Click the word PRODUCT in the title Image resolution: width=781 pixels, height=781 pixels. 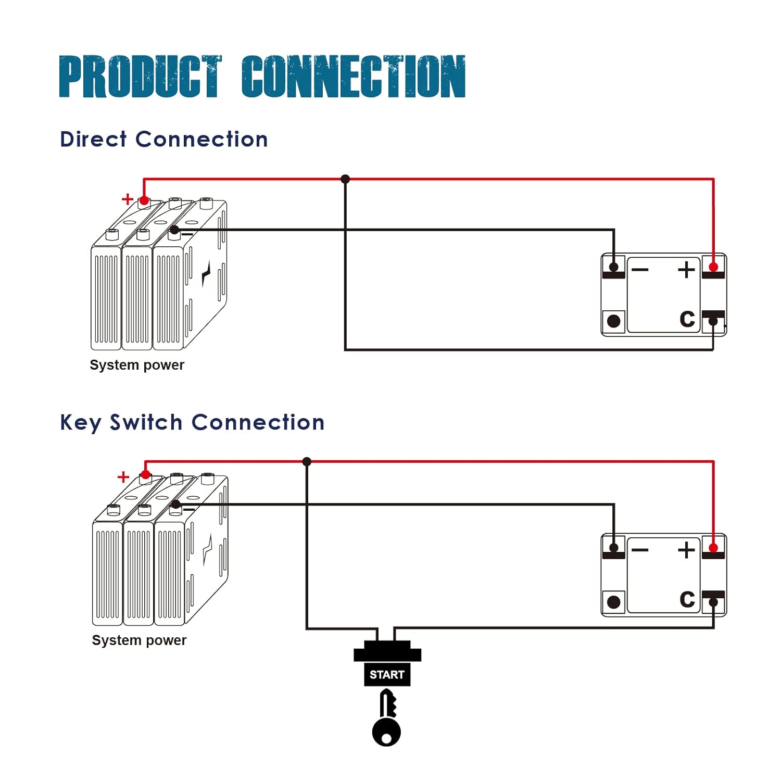[140, 77]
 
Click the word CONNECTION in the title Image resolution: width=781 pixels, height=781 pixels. [354, 77]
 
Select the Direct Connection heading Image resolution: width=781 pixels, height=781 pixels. [164, 140]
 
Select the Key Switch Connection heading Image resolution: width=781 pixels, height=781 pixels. [193, 422]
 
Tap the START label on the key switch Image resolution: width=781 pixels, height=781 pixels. [387, 675]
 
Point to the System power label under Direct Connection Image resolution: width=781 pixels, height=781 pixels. [137, 365]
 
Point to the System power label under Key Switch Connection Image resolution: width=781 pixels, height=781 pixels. [139, 640]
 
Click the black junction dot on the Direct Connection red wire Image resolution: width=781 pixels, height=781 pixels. [345, 179]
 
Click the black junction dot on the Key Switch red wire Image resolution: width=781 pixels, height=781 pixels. [307, 462]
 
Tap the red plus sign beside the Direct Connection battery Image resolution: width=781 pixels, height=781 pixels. [128, 199]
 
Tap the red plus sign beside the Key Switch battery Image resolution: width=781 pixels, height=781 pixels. [123, 477]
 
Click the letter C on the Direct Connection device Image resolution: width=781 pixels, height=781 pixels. [687, 319]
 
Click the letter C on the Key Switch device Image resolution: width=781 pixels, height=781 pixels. [687, 599]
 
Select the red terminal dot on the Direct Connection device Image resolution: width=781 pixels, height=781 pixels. [713, 267]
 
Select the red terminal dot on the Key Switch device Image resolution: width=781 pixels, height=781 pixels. [713, 548]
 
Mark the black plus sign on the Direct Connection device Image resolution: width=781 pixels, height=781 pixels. [686, 269]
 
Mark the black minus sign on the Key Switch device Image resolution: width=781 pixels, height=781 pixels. [640, 550]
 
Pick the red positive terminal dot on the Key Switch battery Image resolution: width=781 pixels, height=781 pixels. [146, 474]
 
